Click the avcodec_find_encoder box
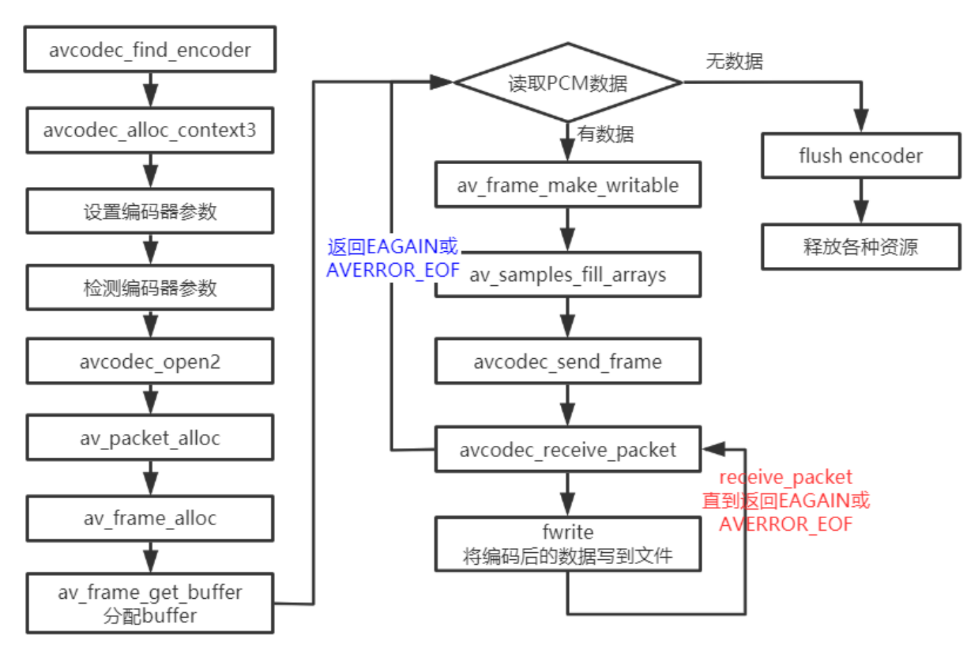tap(150, 49)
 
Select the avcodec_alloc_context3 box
tap(150, 130)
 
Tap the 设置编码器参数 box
tap(150, 211)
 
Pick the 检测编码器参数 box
tap(150, 287)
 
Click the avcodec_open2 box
tap(150, 362)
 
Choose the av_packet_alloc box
tap(150, 438)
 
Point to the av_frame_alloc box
tap(150, 518)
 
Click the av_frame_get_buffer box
tap(150, 603)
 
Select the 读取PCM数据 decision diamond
tap(567, 83)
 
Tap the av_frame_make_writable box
tap(567, 185)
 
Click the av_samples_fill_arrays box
tap(567, 275)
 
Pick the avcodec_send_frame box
tap(567, 362)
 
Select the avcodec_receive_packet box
tap(567, 450)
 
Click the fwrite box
tap(567, 544)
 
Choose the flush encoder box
tap(861, 156)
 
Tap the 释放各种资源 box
tap(861, 246)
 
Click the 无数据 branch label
tap(734, 61)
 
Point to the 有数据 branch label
tap(605, 134)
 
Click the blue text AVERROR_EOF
tap(392, 270)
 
